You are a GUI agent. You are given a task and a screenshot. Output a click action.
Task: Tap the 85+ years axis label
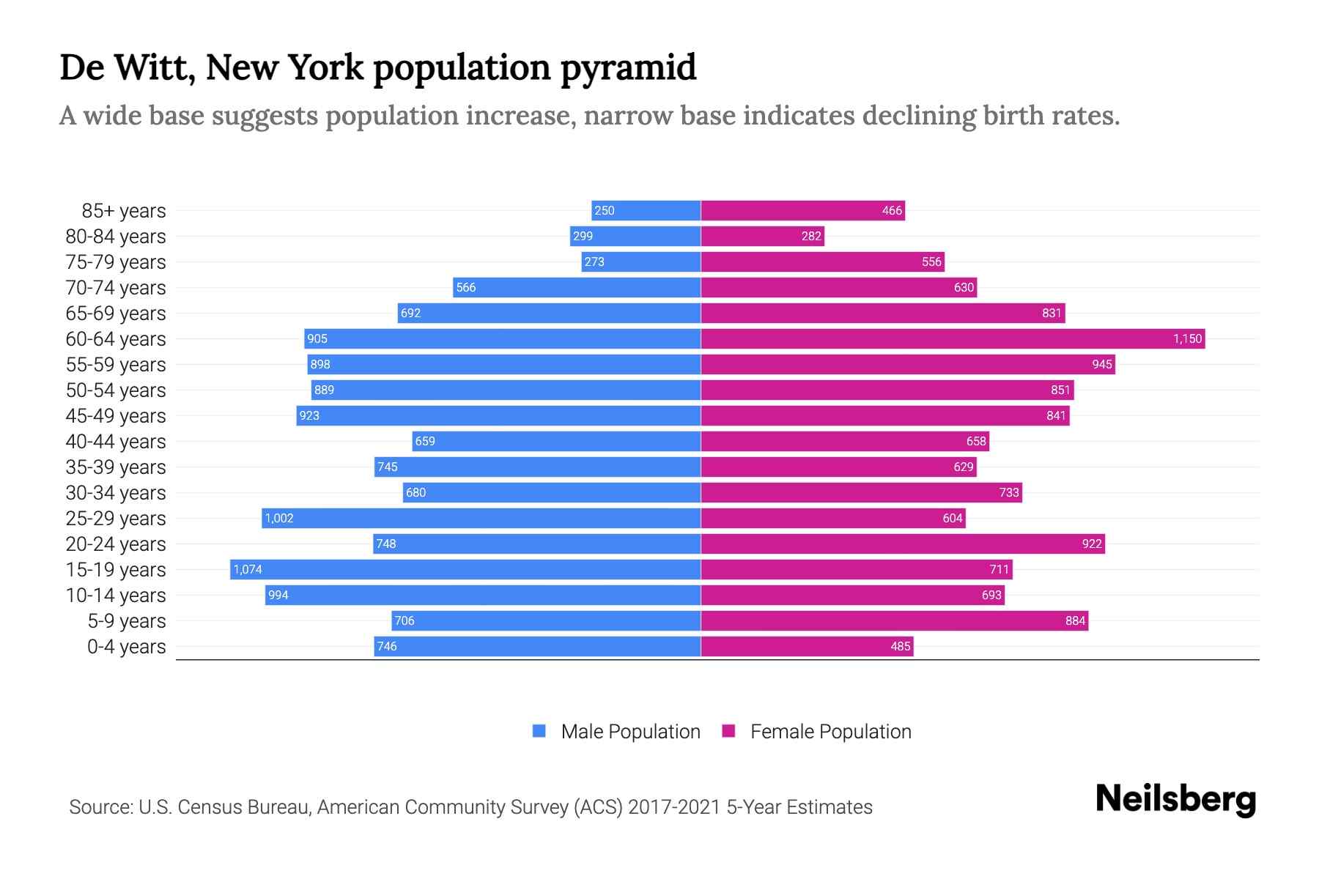click(123, 211)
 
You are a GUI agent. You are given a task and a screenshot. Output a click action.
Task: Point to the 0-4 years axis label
click(126, 647)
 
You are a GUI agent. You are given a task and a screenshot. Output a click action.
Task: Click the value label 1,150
click(1187, 338)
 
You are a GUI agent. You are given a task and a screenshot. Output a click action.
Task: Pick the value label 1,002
click(279, 518)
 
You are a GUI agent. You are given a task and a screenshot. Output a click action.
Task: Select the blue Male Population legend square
click(539, 731)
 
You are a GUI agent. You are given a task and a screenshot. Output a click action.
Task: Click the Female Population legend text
click(830, 732)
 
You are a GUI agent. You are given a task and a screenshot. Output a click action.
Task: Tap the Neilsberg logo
click(1175, 799)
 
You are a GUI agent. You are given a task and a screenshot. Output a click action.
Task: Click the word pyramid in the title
click(628, 67)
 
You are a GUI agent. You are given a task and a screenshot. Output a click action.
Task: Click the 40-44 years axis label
click(116, 442)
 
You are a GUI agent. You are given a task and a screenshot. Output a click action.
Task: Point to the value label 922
click(1091, 544)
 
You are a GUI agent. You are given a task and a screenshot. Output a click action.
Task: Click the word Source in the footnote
click(100, 807)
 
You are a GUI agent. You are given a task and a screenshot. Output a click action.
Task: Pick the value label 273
click(594, 262)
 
